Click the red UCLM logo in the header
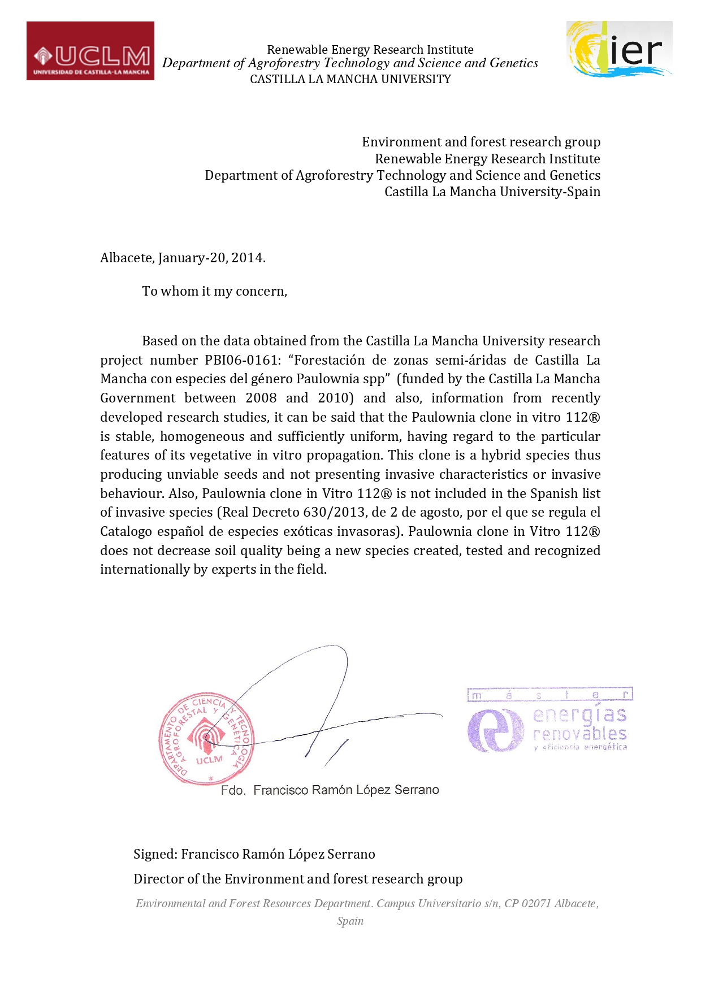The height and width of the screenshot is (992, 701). (90, 51)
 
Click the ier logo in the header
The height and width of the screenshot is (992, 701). (619, 49)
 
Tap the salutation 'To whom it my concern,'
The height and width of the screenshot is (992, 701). (215, 292)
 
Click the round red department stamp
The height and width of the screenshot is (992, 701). (206, 738)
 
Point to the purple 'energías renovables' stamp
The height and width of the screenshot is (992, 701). (549, 721)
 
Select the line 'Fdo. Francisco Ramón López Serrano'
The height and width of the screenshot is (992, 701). (330, 790)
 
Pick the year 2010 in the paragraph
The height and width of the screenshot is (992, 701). (335, 398)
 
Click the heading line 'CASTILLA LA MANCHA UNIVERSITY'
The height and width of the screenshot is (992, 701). (350, 79)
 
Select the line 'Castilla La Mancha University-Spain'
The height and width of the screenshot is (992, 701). (492, 192)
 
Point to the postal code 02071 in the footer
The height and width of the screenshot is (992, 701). (536, 903)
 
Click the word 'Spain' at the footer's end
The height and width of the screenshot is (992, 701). (350, 921)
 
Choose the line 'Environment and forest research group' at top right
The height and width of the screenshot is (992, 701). (481, 142)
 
